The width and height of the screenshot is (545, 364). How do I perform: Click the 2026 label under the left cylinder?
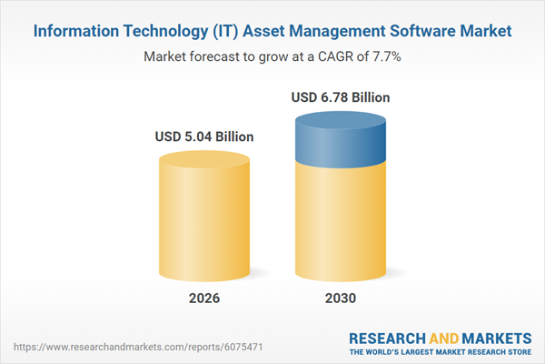(x=204, y=298)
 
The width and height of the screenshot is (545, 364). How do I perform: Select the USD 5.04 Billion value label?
(x=204, y=137)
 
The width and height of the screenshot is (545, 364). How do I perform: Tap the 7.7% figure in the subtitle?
(x=386, y=56)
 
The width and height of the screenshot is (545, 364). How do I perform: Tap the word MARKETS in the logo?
(x=493, y=336)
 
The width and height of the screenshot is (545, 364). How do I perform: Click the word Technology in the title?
(x=155, y=31)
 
